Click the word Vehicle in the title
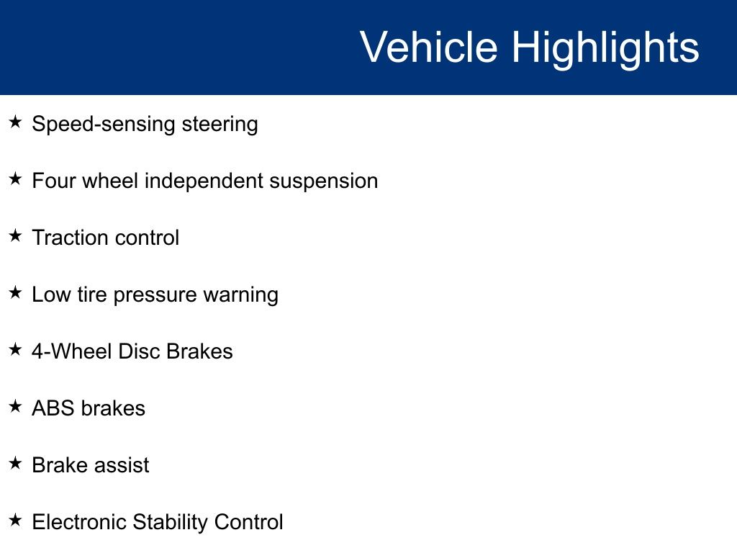click(x=429, y=47)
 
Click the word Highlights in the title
click(x=605, y=49)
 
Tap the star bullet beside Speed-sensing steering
click(x=16, y=122)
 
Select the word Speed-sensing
click(x=104, y=125)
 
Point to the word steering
click(x=220, y=125)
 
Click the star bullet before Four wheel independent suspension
click(x=16, y=179)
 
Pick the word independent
click(x=204, y=181)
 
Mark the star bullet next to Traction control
click(x=16, y=235)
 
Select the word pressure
click(x=155, y=295)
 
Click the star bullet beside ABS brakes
click(x=16, y=406)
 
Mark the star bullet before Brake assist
click(x=16, y=463)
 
